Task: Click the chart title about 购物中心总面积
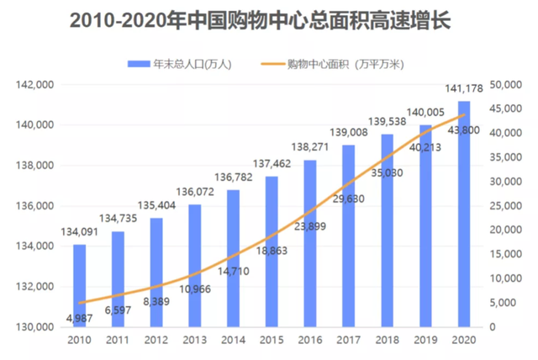(x=269, y=19)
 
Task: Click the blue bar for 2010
(x=79, y=285)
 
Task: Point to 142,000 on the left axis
(x=34, y=85)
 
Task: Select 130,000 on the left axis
(x=34, y=326)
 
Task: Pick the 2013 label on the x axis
(x=194, y=339)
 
